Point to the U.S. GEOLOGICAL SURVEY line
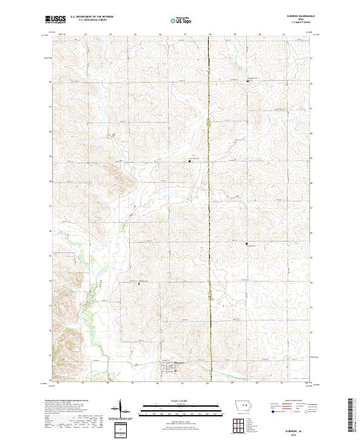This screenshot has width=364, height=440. tap(89, 21)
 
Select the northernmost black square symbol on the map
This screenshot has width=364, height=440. tap(247, 81)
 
